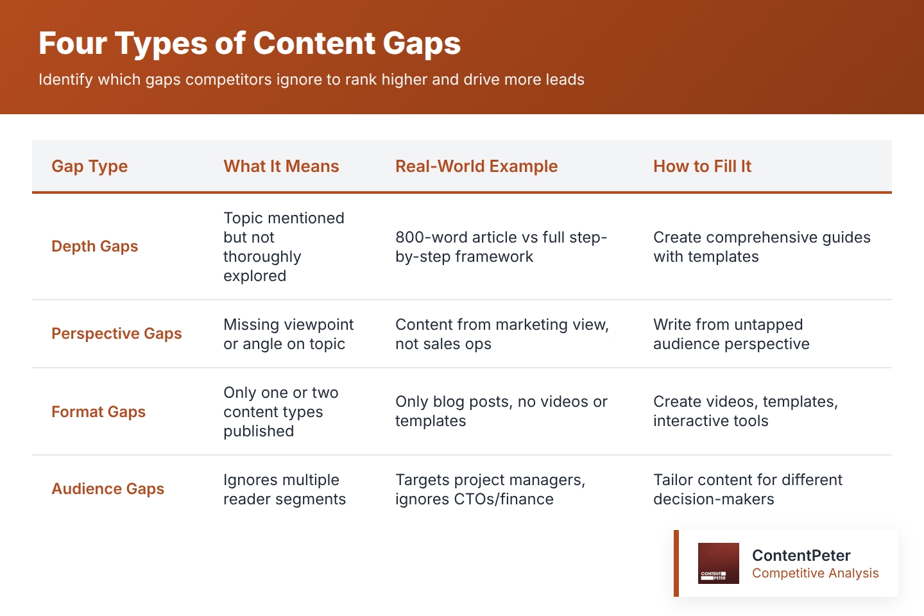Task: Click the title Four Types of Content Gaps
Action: [x=250, y=44]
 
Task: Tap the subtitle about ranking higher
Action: [x=311, y=80]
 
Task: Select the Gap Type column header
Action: [x=89, y=166]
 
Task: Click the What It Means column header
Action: [x=281, y=166]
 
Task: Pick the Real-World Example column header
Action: [x=476, y=166]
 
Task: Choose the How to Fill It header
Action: [x=702, y=166]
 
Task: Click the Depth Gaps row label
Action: [x=94, y=246]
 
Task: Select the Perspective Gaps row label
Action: [x=116, y=334]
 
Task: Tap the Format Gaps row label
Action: [x=98, y=412]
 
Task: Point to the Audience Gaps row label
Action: [x=108, y=489]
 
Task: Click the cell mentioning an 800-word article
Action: [x=501, y=247]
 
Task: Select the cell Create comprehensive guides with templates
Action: [x=762, y=247]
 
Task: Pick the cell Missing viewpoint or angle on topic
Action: [x=288, y=334]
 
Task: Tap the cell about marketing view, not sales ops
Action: [x=502, y=334]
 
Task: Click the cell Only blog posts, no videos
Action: [x=501, y=411]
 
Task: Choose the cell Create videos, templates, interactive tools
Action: [x=745, y=411]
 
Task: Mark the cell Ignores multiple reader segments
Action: [x=284, y=490]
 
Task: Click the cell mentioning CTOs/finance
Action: [x=490, y=490]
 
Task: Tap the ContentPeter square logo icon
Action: [x=718, y=563]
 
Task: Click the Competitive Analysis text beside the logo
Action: [x=815, y=573]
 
